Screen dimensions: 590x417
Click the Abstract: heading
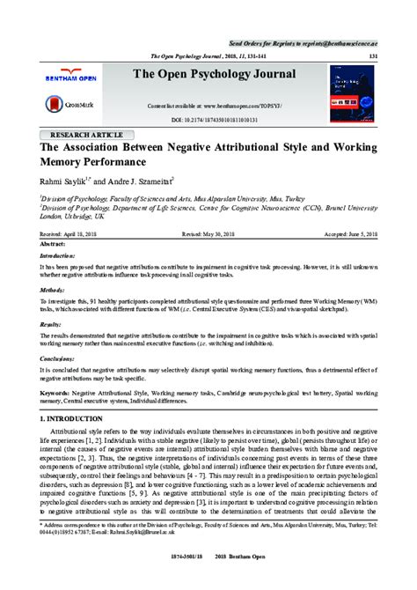[x=55, y=244]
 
